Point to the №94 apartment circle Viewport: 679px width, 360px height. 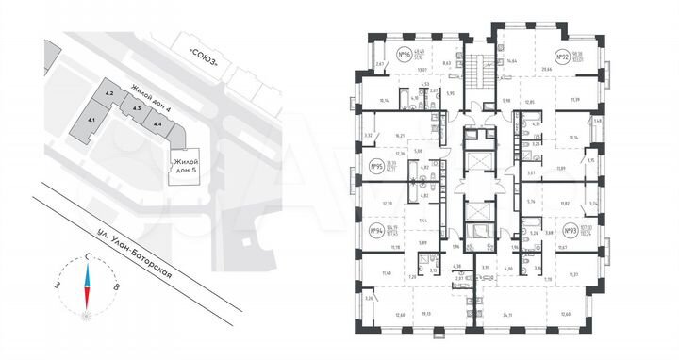pos(374,232)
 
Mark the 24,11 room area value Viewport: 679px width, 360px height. pos(510,314)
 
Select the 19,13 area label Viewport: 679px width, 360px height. pos(426,314)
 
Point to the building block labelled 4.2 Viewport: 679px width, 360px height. pos(109,93)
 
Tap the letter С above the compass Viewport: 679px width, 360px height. pos(87,256)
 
